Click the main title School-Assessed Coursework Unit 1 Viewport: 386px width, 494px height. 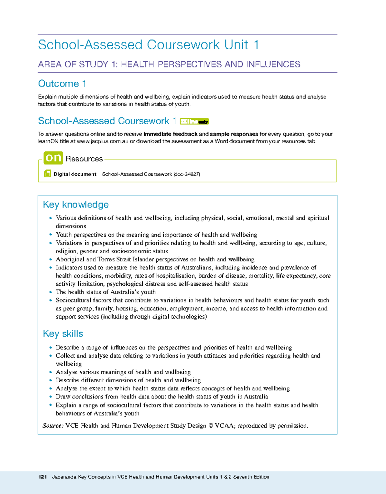[x=148, y=45]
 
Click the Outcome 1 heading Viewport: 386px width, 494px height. [x=62, y=84]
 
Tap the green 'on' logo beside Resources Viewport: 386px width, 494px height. [x=53, y=158]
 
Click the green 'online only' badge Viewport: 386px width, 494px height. [x=194, y=121]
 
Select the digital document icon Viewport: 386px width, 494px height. [x=47, y=174]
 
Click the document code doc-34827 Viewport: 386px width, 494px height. [x=187, y=174]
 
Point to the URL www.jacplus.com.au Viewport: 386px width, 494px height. [x=103, y=141]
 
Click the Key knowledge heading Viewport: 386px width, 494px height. [x=76, y=205]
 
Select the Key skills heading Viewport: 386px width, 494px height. [x=63, y=334]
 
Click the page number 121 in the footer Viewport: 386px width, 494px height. [x=42, y=477]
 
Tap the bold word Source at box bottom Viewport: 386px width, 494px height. [x=53, y=426]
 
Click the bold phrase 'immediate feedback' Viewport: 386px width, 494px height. [x=170, y=134]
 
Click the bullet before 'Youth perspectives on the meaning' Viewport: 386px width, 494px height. [x=51, y=235]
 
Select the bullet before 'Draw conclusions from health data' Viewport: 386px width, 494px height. [x=51, y=397]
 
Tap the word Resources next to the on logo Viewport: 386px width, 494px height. [x=84, y=159]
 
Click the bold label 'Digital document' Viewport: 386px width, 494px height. [x=75, y=174]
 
